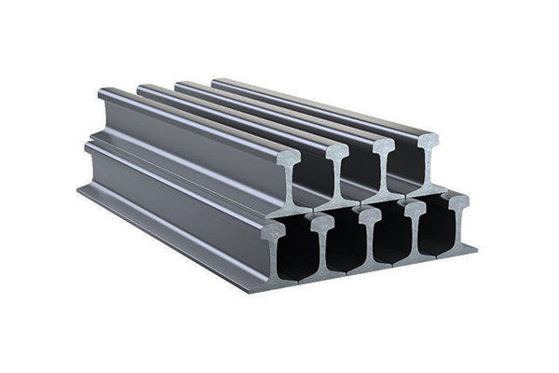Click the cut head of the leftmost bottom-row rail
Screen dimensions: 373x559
pyautogui.click(x=274, y=229)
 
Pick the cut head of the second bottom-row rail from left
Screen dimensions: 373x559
pyautogui.click(x=321, y=222)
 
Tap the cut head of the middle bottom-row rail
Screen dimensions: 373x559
pyautogui.click(x=370, y=214)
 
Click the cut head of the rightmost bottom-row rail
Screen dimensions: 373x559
pyautogui.click(x=457, y=201)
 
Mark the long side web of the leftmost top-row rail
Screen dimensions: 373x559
pyautogui.click(x=186, y=140)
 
